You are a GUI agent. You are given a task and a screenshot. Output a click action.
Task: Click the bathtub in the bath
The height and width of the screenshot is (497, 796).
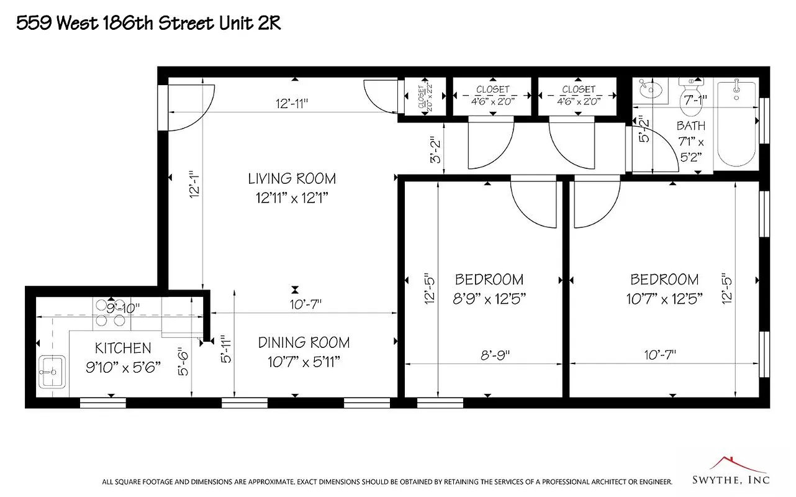[736, 124]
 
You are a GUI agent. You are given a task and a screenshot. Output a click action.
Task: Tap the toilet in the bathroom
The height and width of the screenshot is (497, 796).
[690, 87]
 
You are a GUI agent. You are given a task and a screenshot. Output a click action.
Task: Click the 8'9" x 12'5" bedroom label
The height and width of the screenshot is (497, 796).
[489, 289]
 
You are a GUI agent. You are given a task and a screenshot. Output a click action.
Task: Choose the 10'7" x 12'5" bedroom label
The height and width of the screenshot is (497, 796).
[664, 289]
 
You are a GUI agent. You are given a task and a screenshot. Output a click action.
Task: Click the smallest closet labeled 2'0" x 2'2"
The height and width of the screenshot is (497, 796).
[425, 96]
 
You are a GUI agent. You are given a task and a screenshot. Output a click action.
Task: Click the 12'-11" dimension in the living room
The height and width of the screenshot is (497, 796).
[292, 103]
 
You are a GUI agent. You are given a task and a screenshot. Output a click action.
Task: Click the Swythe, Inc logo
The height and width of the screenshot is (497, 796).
[731, 472]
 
